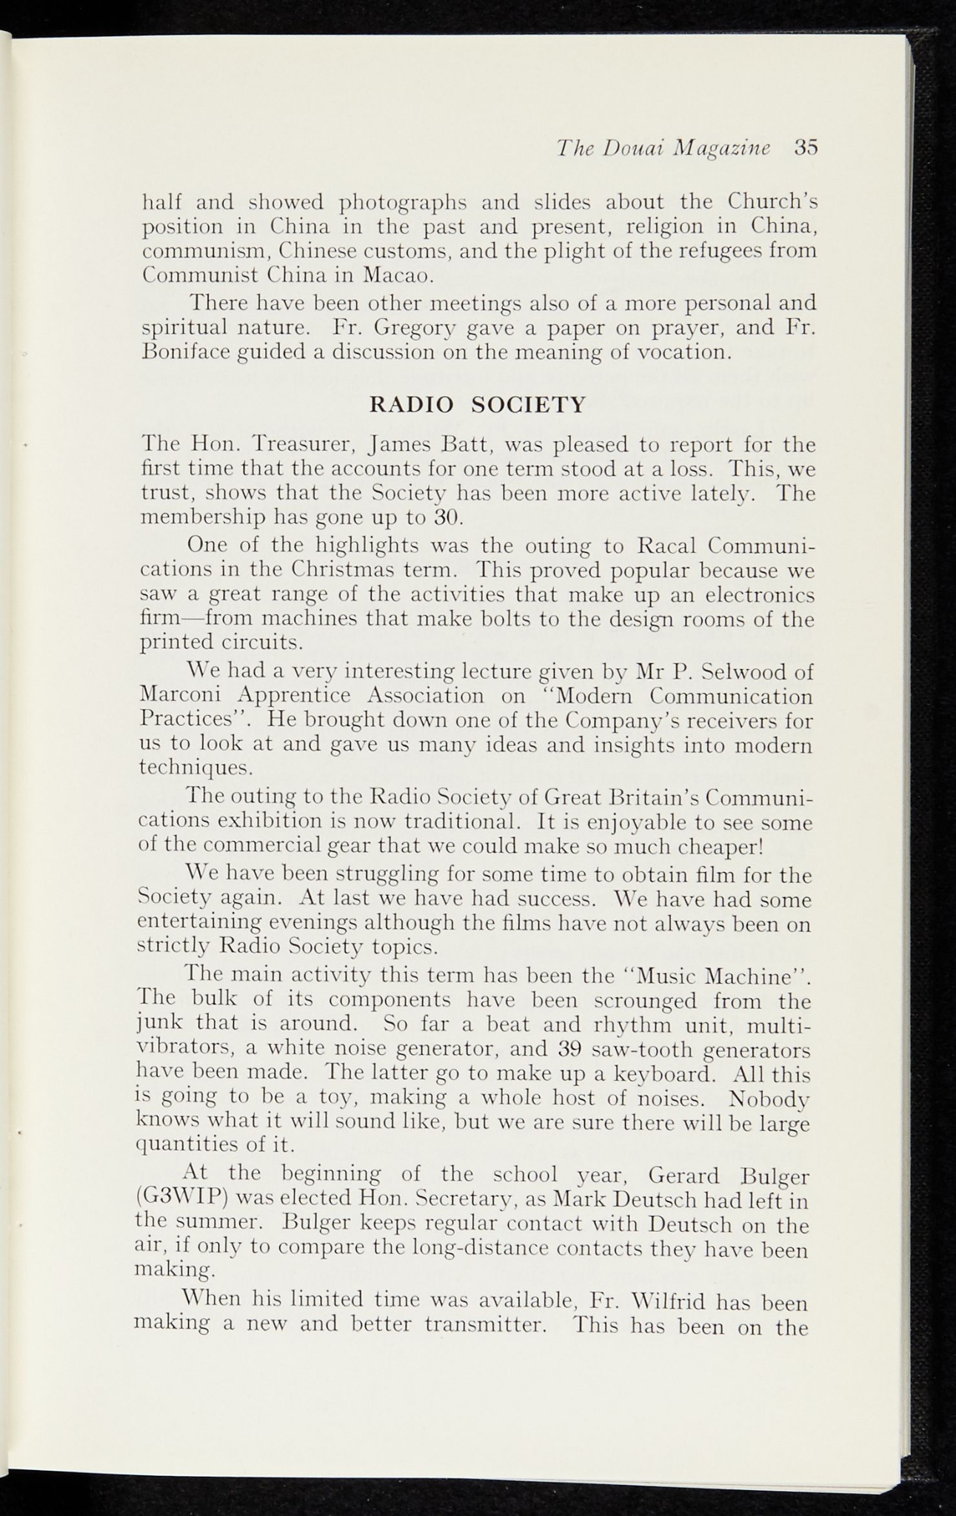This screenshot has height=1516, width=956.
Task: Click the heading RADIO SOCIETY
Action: pyautogui.click(x=477, y=405)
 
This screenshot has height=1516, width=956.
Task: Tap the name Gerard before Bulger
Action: pyautogui.click(x=683, y=1174)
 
